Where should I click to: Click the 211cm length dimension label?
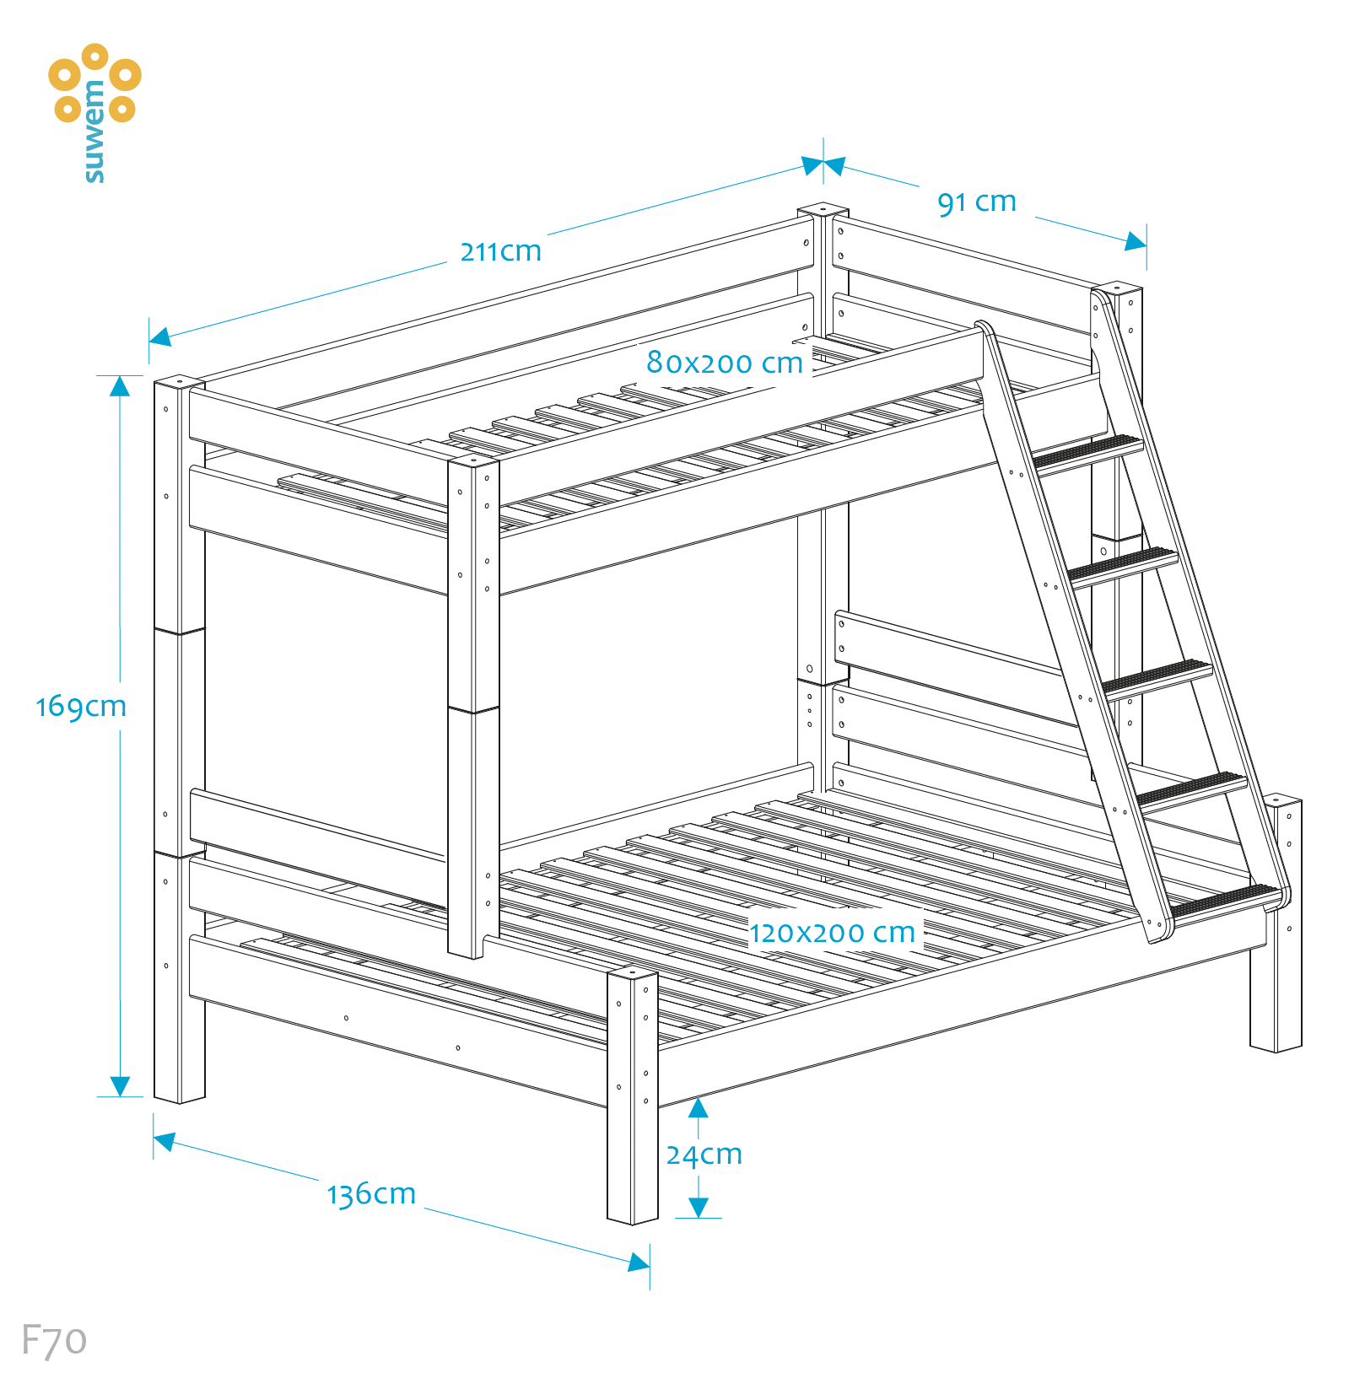500,251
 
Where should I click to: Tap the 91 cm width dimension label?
976,202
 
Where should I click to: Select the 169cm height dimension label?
81,706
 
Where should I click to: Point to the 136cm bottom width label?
371,1194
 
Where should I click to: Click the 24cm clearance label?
704,1155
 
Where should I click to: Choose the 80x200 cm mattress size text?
724,363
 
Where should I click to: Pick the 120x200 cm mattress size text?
832,933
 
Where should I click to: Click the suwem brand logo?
94,110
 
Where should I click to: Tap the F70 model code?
53,1340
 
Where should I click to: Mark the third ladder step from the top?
1157,676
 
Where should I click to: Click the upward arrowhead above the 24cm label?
698,1108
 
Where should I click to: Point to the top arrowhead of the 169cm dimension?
120,386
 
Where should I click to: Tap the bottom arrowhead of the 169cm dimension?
120,1086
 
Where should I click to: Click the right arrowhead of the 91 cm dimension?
1136,242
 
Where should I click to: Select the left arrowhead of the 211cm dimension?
160,336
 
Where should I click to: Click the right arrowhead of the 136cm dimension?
639,1262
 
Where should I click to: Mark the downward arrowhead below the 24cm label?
698,1208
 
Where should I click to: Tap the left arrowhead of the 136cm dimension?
165,1141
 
